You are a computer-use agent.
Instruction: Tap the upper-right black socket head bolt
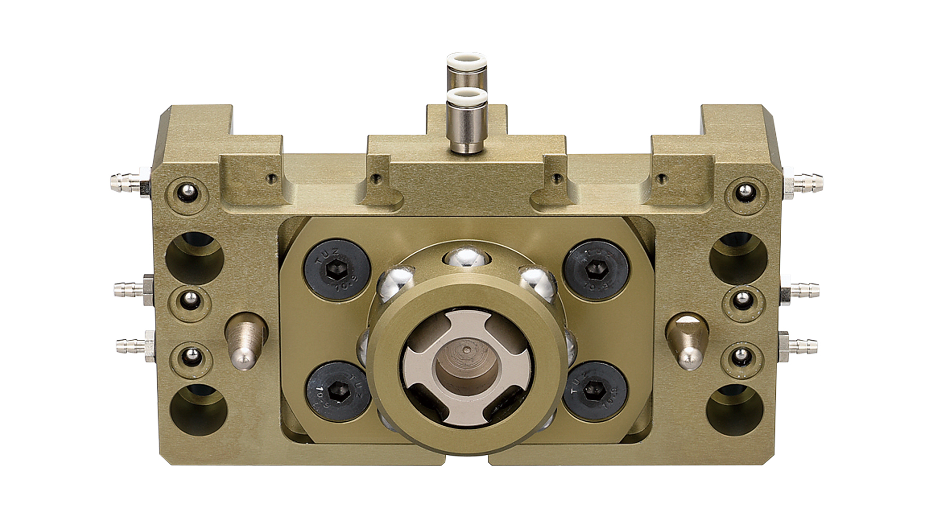pos(596,271)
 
